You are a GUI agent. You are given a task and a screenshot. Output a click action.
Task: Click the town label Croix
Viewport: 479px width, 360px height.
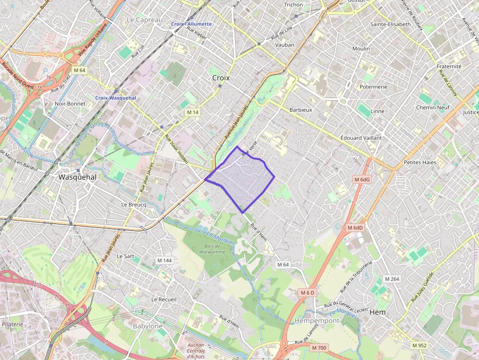[x=221, y=78]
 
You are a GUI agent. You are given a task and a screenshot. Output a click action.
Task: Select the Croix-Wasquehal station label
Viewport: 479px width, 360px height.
[x=115, y=98]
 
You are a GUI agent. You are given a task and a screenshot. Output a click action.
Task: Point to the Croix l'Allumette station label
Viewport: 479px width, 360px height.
[x=191, y=24]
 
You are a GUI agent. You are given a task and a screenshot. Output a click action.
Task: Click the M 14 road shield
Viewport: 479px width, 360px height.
[x=193, y=112]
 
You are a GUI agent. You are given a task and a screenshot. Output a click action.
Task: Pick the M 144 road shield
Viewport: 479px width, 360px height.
[x=164, y=260]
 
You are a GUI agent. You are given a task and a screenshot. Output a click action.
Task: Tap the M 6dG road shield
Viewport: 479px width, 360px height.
[x=362, y=179]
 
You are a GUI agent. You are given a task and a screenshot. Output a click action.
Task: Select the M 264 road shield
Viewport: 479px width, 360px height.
[x=392, y=279]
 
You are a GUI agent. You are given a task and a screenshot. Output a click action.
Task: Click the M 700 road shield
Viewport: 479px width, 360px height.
[x=319, y=348]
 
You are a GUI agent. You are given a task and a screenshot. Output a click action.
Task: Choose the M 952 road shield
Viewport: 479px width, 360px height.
[x=419, y=345]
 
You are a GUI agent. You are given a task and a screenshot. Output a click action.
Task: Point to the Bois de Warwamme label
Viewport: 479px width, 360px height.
[x=212, y=249]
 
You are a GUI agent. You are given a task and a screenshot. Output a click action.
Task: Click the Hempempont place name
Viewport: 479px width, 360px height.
[x=317, y=321]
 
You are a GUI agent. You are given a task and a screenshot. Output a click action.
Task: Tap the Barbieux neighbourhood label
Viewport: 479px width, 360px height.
[x=301, y=110]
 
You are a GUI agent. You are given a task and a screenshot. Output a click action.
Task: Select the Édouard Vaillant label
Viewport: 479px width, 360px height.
[x=361, y=138]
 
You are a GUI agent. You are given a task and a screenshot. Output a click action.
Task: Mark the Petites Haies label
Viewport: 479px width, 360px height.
[x=420, y=162]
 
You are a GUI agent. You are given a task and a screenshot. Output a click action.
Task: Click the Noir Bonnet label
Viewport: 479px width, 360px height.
[x=70, y=104]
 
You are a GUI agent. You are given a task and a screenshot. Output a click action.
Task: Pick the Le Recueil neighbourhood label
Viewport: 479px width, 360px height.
[x=164, y=299]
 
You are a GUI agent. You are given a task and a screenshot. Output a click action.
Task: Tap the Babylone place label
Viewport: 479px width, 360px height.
[x=148, y=326]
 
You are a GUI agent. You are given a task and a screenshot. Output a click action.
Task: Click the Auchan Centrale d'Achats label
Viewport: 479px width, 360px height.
[x=196, y=350]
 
